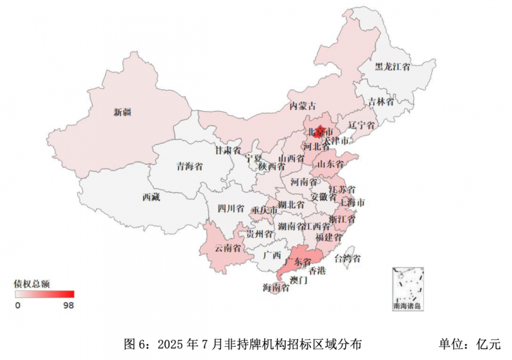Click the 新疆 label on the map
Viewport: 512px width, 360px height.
[x=122, y=112]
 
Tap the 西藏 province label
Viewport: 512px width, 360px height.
[x=151, y=198]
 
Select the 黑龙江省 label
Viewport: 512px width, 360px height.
[x=393, y=67]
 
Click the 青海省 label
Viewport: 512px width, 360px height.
[x=189, y=167]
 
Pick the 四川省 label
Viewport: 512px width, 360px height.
[x=231, y=208]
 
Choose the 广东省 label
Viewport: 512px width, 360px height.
[x=299, y=261]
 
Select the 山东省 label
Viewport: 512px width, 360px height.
[x=331, y=164]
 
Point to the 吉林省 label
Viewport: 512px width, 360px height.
[x=381, y=102]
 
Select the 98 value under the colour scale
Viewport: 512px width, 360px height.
[x=69, y=305]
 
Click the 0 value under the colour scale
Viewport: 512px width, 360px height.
[x=18, y=305]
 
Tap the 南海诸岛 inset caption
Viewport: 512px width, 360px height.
[x=407, y=306]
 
